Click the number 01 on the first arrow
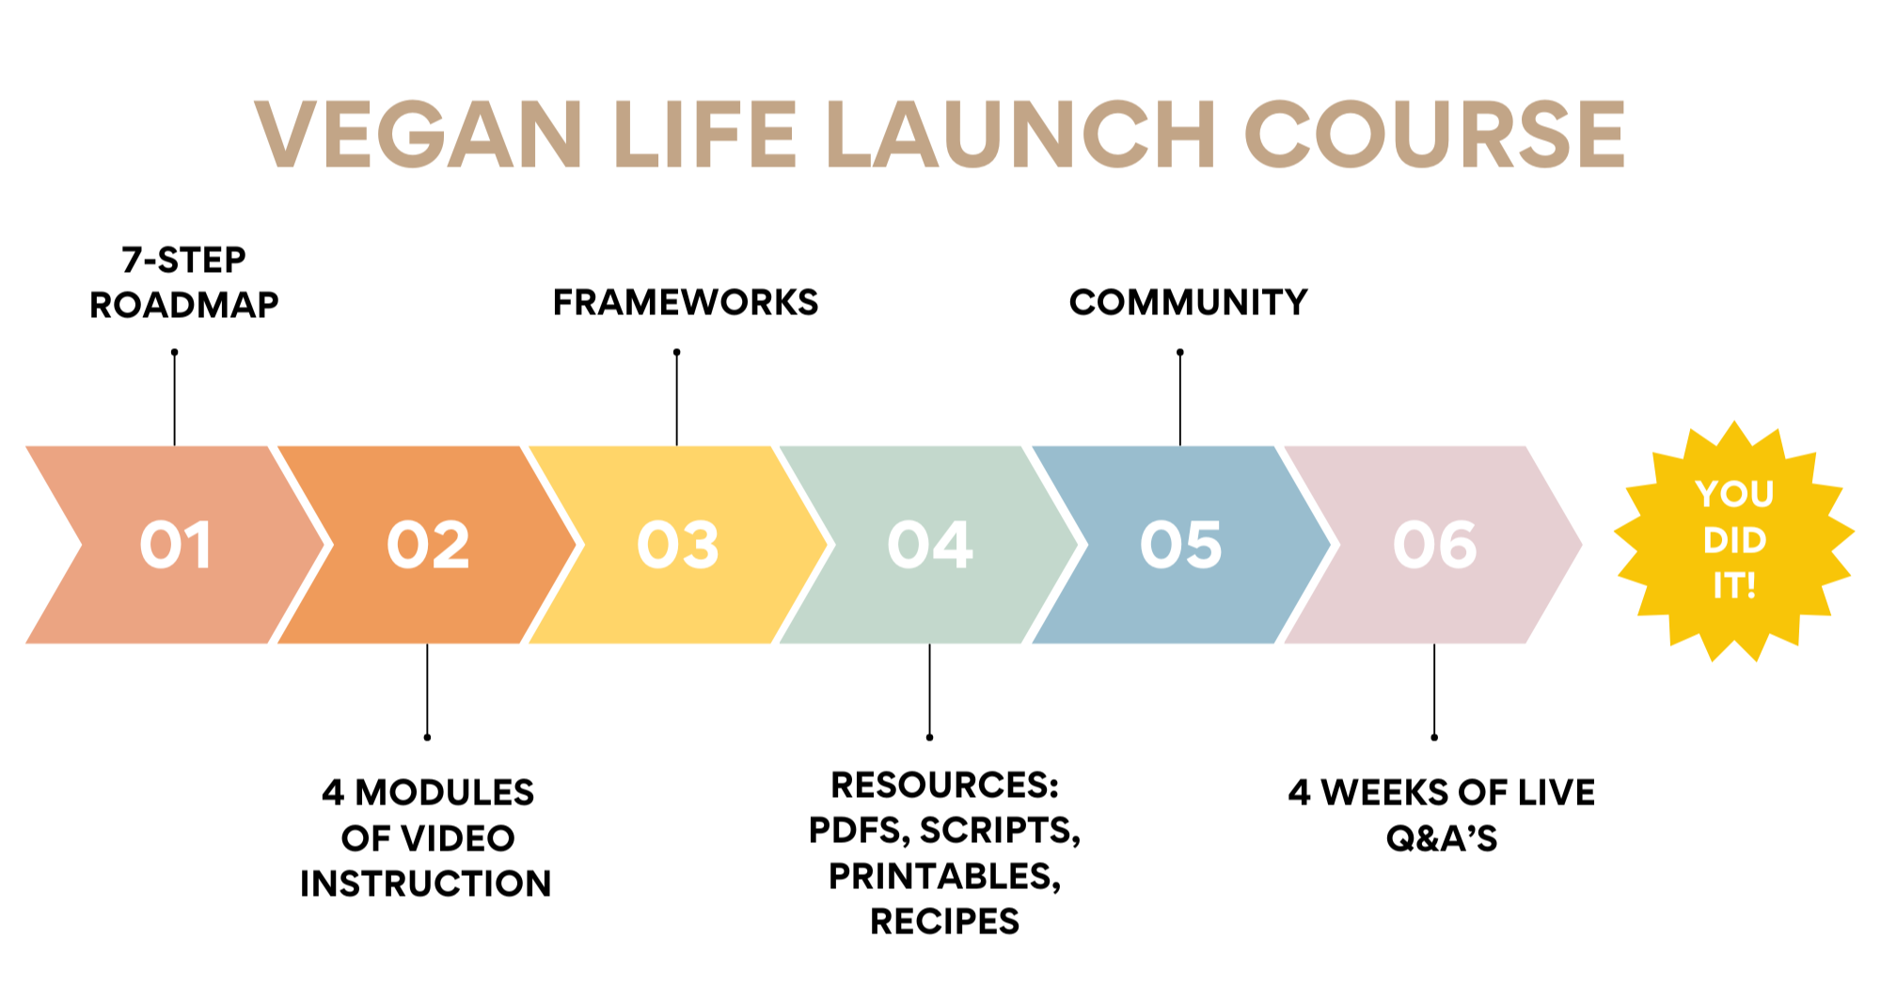[x=175, y=545]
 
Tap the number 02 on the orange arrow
[x=428, y=545]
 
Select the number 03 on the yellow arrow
[x=678, y=545]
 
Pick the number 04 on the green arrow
[x=930, y=545]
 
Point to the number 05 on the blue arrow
[x=1181, y=545]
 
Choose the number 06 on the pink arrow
[x=1434, y=545]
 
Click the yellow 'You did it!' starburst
[x=1733, y=541]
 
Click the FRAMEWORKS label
[x=686, y=302]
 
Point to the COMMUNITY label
[x=1189, y=302]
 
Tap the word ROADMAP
[x=184, y=305]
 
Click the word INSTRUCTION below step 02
[x=426, y=884]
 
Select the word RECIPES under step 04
[x=945, y=921]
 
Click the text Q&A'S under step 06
[x=1442, y=838]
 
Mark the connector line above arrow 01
[x=175, y=398]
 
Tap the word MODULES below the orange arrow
[x=445, y=792]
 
